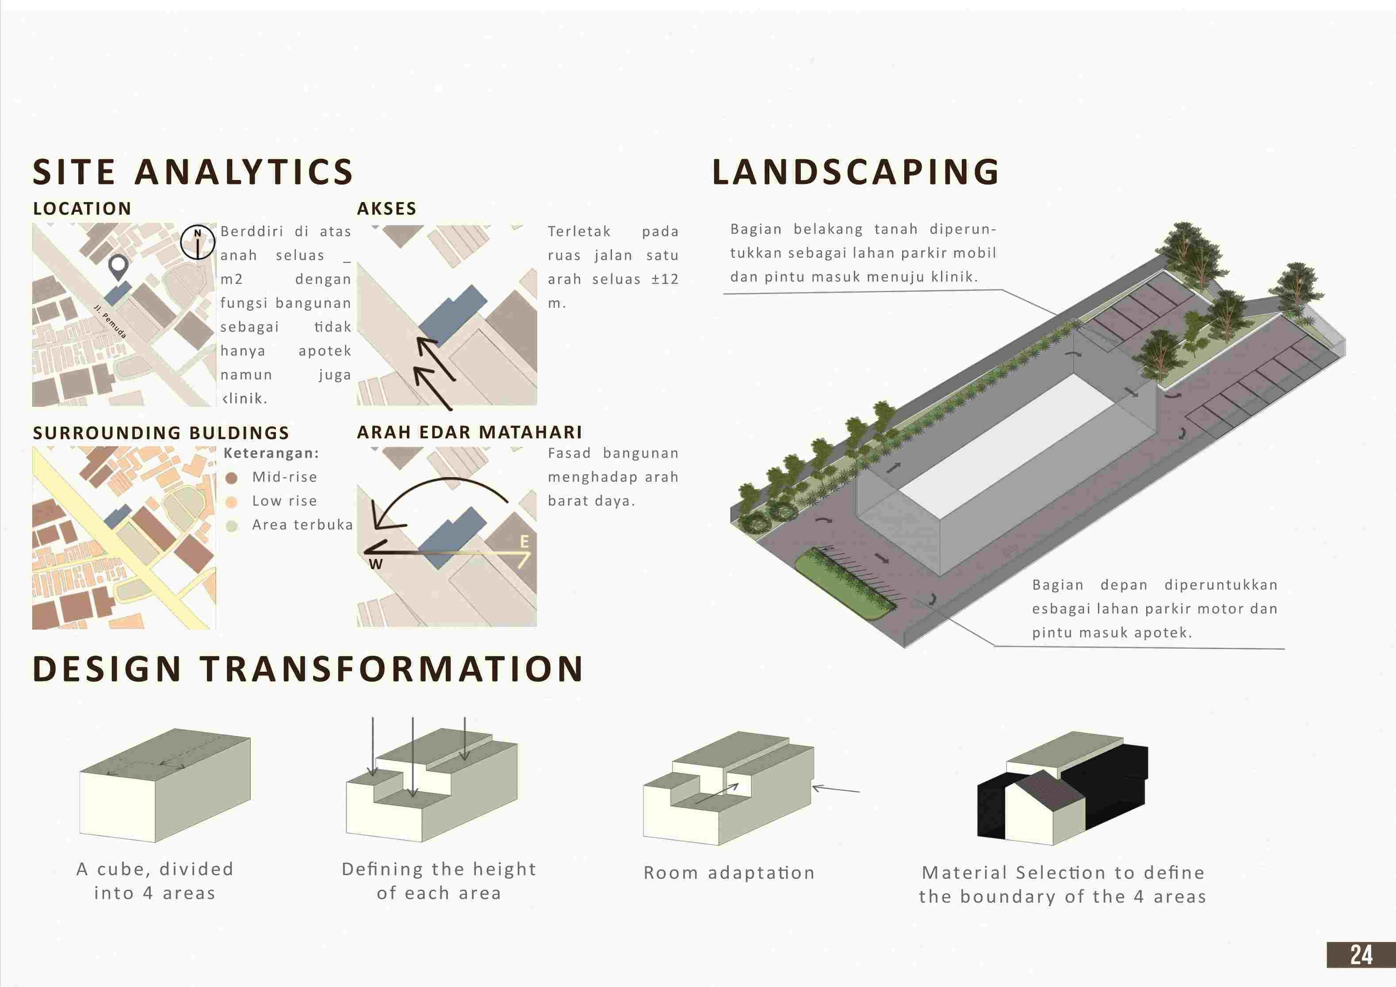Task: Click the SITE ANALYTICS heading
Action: pyautogui.click(x=193, y=172)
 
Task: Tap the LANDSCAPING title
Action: pyautogui.click(x=856, y=172)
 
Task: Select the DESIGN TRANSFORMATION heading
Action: pyautogui.click(x=308, y=669)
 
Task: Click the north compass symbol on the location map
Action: pyautogui.click(x=198, y=242)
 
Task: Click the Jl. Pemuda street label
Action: pyautogui.click(x=111, y=321)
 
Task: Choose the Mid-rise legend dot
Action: pyautogui.click(x=231, y=478)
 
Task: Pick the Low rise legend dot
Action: pyautogui.click(x=231, y=502)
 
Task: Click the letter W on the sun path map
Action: pyautogui.click(x=376, y=564)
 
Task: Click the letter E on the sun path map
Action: pyautogui.click(x=524, y=541)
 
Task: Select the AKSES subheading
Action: pyautogui.click(x=386, y=209)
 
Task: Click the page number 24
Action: pyautogui.click(x=1361, y=955)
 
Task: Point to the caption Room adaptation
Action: pyautogui.click(x=729, y=873)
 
